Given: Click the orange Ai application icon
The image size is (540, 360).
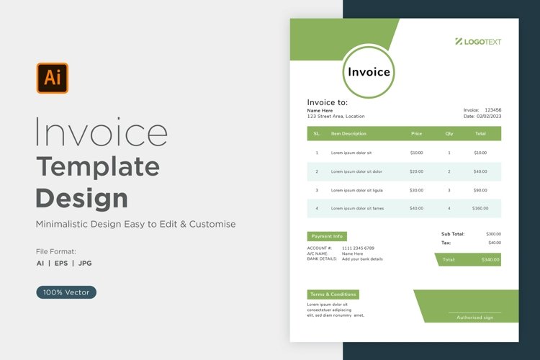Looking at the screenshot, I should [x=53, y=78].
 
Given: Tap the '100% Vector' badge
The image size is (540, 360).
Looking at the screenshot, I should [x=66, y=292].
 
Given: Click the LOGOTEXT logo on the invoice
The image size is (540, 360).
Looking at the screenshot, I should [x=478, y=42].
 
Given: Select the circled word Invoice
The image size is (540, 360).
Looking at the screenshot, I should [x=369, y=71].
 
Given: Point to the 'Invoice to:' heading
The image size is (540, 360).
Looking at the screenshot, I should [x=327, y=102].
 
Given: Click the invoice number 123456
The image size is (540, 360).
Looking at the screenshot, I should [x=493, y=109].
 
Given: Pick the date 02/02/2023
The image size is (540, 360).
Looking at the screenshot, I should [x=488, y=116].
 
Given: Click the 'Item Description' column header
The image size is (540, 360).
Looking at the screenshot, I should [x=348, y=133].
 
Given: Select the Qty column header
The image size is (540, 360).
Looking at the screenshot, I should [x=449, y=133].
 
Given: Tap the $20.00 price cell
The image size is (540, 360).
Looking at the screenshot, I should [x=416, y=171].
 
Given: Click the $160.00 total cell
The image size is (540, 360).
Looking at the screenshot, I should [x=480, y=208].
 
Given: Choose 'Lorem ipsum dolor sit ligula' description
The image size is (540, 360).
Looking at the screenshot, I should [x=357, y=190].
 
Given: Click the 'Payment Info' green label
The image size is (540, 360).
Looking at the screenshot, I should [x=327, y=236].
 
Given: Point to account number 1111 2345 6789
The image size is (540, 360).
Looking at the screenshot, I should [x=358, y=248].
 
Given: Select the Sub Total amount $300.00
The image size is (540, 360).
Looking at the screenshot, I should [x=493, y=234].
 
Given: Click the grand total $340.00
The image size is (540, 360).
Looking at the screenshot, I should [x=490, y=259].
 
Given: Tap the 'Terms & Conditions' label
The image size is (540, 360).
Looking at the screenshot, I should [x=333, y=294].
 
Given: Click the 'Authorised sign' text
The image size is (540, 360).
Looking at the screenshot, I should [x=474, y=317].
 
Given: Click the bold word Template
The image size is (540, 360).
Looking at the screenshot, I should [x=98, y=166].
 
